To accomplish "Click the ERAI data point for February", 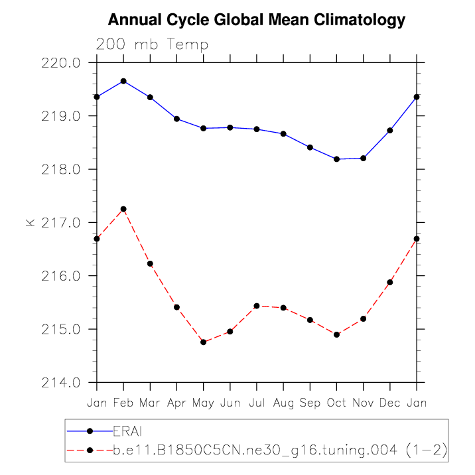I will click(x=123, y=81).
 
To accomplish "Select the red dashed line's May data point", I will click(x=204, y=342).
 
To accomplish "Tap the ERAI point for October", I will click(x=337, y=159).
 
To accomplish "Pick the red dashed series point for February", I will click(x=123, y=209).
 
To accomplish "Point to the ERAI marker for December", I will click(x=390, y=130).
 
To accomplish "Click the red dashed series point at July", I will click(x=257, y=306).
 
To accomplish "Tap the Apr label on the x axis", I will click(x=176, y=403).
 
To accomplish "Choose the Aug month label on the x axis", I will click(x=283, y=403).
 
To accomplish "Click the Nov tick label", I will click(x=364, y=403).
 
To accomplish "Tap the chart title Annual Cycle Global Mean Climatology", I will click(x=256, y=20).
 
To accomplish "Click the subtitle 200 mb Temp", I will click(x=153, y=45).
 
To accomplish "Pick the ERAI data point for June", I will click(x=230, y=127).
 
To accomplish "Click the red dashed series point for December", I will click(x=390, y=282).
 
